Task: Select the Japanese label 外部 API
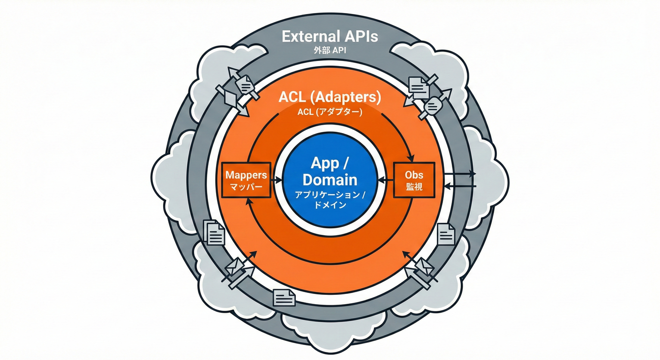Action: click(x=330, y=50)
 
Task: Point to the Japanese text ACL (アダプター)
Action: click(x=330, y=112)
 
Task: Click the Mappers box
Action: click(x=246, y=180)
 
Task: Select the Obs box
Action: click(x=414, y=180)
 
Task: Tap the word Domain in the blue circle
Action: click(x=330, y=180)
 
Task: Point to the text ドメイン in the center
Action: click(x=330, y=205)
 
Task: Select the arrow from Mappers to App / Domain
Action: click(x=277, y=180)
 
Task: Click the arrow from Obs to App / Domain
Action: click(x=386, y=180)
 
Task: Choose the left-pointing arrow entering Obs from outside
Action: click(x=460, y=186)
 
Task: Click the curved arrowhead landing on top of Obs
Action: click(x=411, y=158)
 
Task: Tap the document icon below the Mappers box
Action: click(x=214, y=233)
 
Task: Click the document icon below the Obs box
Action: click(x=446, y=234)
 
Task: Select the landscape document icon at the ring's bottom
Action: click(x=285, y=298)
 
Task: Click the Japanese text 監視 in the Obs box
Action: click(x=414, y=187)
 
